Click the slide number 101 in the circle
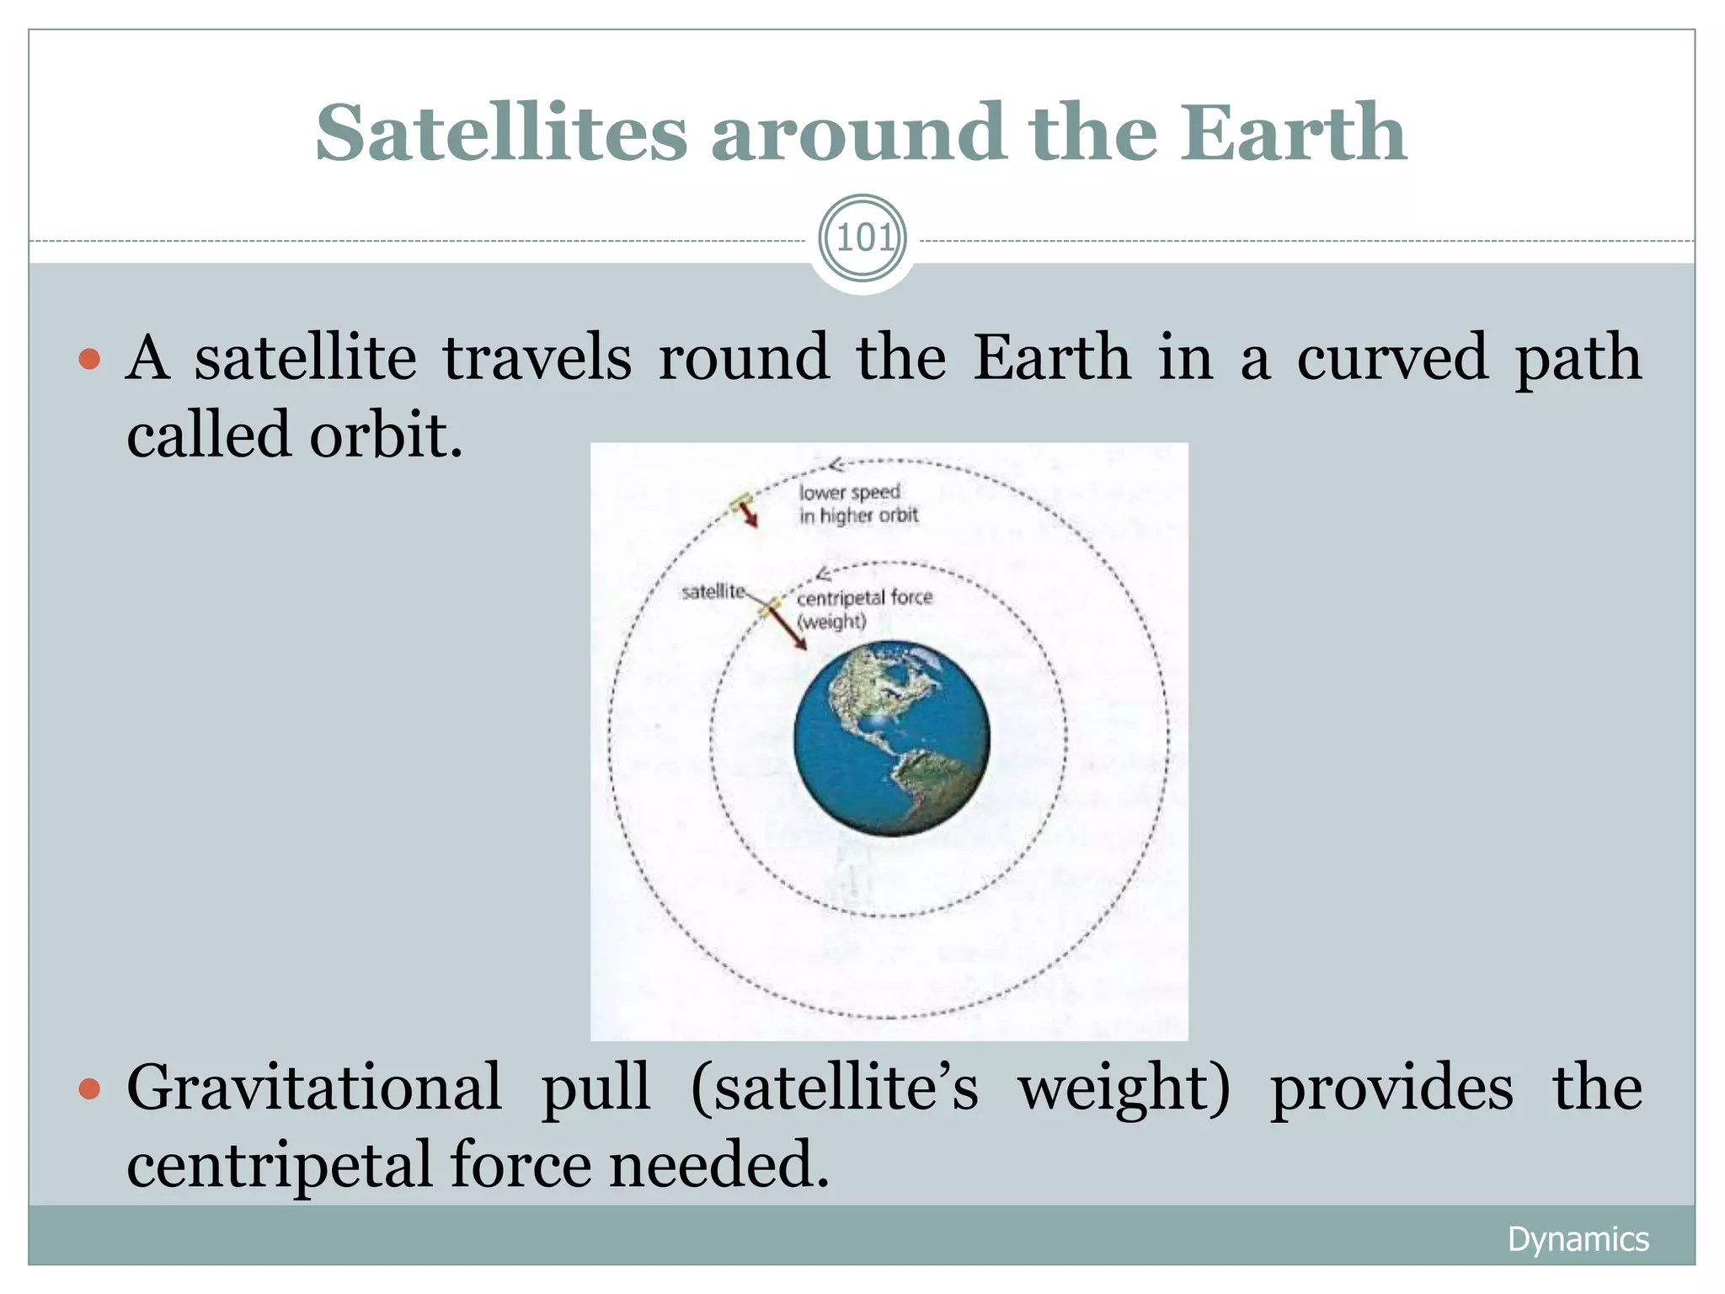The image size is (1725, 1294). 862,239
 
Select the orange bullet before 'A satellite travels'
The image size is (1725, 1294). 89,361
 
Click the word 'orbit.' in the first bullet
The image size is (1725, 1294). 386,436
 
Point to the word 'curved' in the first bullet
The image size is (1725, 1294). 1391,357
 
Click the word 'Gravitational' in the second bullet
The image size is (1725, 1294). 313,1088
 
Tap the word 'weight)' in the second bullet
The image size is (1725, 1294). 1124,1089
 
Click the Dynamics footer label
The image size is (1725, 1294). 1578,1239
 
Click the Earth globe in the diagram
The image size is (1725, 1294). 891,739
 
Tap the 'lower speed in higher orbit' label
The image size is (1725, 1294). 857,504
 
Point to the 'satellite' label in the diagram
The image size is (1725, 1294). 713,592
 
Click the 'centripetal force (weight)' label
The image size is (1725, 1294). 864,609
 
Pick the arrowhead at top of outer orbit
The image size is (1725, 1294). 836,464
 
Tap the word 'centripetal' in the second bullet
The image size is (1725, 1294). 279,1165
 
